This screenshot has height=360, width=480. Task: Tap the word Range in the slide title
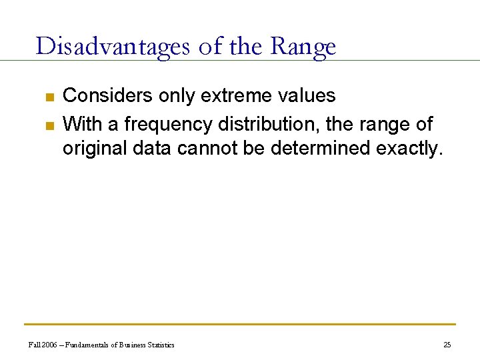click(x=303, y=47)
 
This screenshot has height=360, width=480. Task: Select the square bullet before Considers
click(x=49, y=97)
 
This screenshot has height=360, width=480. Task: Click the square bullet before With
click(x=49, y=125)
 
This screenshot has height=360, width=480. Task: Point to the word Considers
click(x=107, y=96)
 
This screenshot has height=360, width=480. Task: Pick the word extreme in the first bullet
click(x=237, y=96)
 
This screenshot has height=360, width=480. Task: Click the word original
click(x=95, y=148)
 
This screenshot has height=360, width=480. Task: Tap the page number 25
click(x=447, y=345)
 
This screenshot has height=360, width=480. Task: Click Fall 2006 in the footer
click(x=41, y=345)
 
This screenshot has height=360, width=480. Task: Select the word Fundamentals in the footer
click(x=85, y=345)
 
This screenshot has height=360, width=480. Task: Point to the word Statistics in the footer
click(x=159, y=345)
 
